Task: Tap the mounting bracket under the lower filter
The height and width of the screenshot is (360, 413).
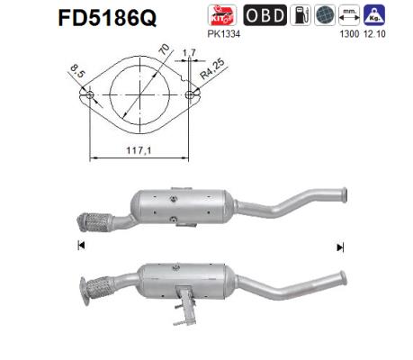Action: (184, 306)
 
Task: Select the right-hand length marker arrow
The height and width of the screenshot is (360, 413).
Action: (340, 246)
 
